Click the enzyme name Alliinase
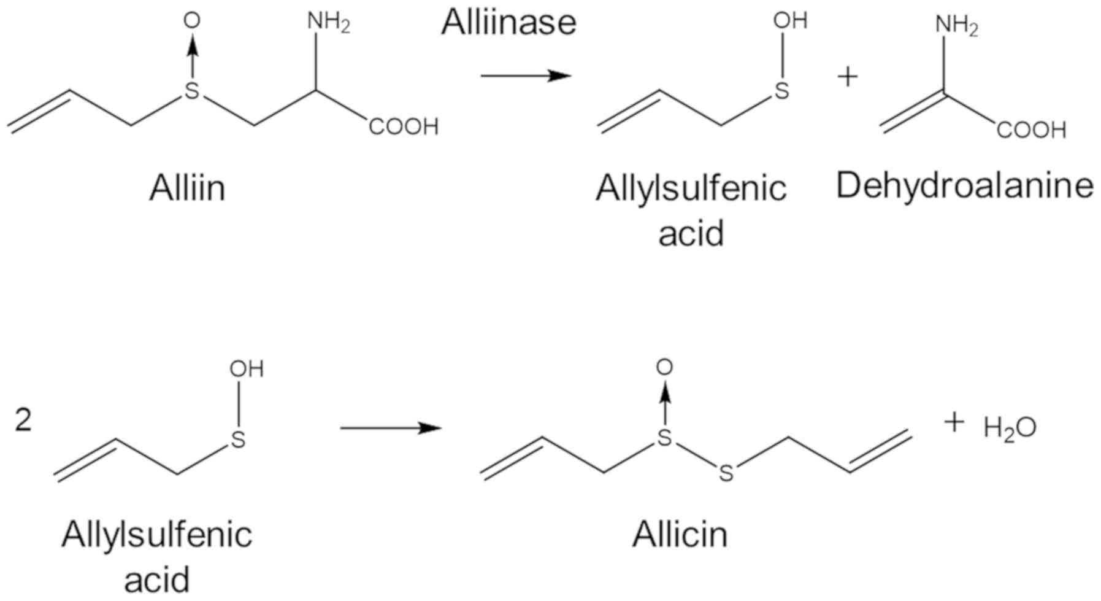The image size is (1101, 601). click(x=508, y=23)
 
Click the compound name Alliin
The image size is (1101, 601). click(x=187, y=188)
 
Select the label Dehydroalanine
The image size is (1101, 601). click(x=964, y=185)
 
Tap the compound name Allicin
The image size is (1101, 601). click(x=680, y=535)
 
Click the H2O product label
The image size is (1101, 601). click(x=1010, y=428)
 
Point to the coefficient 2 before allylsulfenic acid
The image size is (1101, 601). click(x=23, y=422)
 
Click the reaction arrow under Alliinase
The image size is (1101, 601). click(x=526, y=76)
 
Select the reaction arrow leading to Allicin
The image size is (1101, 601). click(x=391, y=428)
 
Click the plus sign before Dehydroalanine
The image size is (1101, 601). click(x=847, y=77)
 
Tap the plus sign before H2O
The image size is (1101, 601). click(x=954, y=422)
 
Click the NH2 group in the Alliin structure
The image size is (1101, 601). click(x=328, y=23)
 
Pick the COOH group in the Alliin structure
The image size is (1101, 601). click(x=404, y=127)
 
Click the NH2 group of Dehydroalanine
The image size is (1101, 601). click(x=956, y=25)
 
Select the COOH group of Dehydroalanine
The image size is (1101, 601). click(x=1031, y=130)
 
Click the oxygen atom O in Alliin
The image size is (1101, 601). click(x=192, y=21)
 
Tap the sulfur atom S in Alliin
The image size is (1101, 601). click(x=193, y=91)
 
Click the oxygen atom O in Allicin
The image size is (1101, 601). click(x=664, y=367)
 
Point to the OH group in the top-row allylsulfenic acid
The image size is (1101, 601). click(x=790, y=21)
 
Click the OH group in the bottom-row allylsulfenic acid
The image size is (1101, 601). click(x=247, y=370)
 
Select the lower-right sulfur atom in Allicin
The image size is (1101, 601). click(x=726, y=473)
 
